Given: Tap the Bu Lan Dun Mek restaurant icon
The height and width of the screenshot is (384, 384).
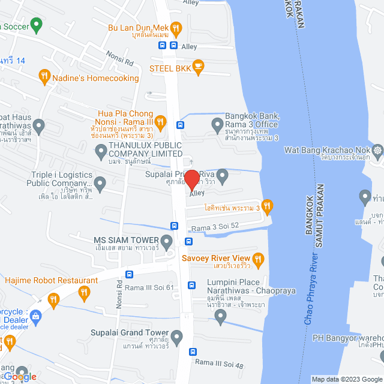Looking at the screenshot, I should [x=175, y=27].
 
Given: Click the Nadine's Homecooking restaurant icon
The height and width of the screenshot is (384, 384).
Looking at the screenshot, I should [x=44, y=76].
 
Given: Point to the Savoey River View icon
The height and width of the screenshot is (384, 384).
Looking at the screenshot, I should [x=259, y=259].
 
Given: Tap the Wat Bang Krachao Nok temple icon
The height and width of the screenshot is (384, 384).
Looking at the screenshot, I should [x=377, y=149].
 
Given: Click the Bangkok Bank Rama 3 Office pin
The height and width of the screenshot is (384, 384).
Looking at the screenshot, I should [x=217, y=125].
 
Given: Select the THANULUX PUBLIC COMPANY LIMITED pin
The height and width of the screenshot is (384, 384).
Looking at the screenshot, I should [x=100, y=154].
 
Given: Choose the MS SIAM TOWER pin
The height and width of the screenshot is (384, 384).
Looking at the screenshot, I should [x=167, y=241].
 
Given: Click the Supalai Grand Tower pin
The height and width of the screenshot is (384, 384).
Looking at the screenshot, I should [x=176, y=338].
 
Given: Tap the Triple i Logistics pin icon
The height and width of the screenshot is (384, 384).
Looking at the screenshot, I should [x=100, y=182].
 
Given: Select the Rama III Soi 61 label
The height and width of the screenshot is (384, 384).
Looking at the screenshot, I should [x=151, y=287].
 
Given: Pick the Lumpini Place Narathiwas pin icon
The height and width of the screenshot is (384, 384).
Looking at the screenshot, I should [x=220, y=317].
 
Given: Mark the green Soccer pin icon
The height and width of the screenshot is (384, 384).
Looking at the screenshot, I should [x=36, y=26].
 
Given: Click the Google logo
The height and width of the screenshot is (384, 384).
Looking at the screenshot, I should [x=20, y=376].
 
